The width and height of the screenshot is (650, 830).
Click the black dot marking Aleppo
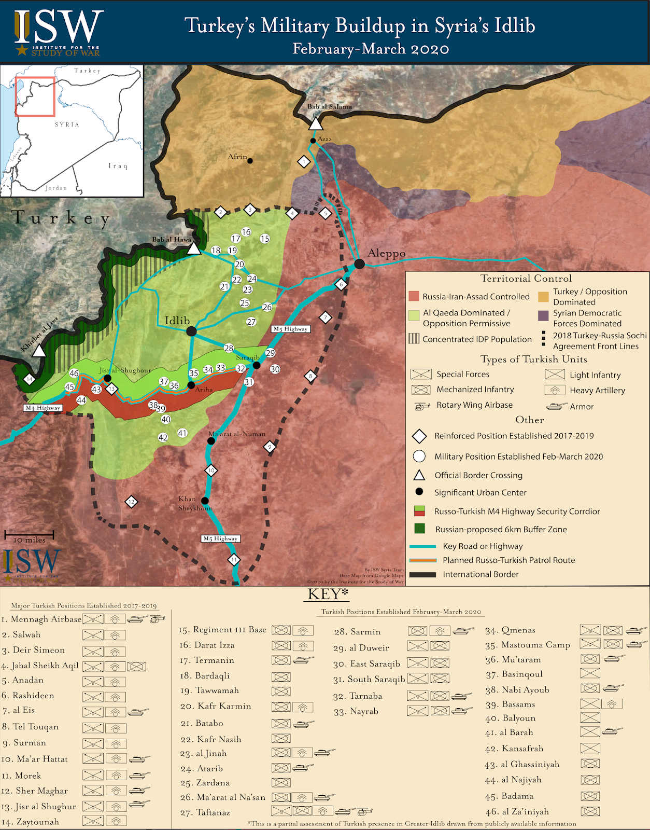[359, 264]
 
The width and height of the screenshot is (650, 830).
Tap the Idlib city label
[177, 321]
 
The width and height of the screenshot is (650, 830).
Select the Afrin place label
[237, 157]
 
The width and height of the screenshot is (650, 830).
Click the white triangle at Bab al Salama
[316, 124]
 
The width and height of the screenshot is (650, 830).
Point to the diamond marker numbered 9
[270, 447]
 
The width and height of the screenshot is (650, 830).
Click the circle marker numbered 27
[251, 322]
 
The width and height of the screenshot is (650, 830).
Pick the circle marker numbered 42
[163, 437]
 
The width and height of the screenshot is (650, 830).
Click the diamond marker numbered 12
[132, 502]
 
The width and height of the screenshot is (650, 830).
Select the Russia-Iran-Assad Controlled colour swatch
[414, 296]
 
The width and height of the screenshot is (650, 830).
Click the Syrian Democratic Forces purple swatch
[543, 316]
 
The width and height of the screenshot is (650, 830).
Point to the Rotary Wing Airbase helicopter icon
[422, 406]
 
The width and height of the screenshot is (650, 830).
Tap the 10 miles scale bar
[30, 535]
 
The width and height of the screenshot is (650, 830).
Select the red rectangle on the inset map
[35, 96]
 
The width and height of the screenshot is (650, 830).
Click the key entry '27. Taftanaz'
[205, 812]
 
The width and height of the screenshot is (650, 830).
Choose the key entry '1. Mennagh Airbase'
[41, 619]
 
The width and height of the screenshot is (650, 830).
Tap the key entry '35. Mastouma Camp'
[528, 645]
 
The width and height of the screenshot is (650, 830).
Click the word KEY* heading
[328, 594]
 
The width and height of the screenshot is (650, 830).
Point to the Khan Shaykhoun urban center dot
[205, 501]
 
